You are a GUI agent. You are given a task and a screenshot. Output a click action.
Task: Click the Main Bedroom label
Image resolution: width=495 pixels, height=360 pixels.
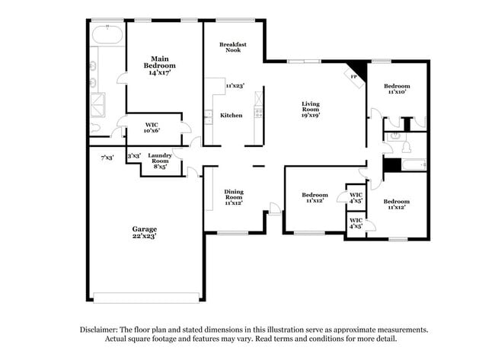click(159, 65)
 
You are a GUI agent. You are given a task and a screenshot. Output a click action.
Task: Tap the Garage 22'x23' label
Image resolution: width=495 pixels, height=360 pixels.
click(144, 233)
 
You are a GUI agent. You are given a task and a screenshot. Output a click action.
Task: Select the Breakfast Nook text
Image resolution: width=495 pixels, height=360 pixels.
click(232, 48)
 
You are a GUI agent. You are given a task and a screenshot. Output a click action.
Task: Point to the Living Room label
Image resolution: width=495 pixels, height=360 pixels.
click(310, 109)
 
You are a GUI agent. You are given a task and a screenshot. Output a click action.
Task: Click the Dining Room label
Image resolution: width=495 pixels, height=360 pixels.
click(234, 198)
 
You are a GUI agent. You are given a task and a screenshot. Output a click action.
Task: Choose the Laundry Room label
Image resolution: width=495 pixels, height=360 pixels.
click(159, 160)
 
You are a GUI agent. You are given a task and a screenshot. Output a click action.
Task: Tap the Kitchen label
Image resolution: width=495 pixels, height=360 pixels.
click(232, 115)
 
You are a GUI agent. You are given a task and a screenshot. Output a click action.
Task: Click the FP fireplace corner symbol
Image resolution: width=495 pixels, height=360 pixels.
click(355, 75)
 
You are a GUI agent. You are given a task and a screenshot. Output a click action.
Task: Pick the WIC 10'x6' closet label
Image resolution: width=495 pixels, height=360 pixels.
click(152, 129)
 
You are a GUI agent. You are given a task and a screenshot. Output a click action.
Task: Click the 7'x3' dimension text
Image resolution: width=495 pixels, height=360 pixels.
click(108, 158)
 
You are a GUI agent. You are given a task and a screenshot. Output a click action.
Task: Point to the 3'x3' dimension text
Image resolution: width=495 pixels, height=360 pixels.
click(133, 156)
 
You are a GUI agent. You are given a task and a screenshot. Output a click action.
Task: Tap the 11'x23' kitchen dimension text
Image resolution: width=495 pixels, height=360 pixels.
click(235, 86)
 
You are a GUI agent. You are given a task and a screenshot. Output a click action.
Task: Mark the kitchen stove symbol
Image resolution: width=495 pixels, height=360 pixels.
click(258, 114)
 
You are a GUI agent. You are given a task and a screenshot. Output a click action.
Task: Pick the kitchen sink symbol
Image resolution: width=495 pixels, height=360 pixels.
click(209, 116)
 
